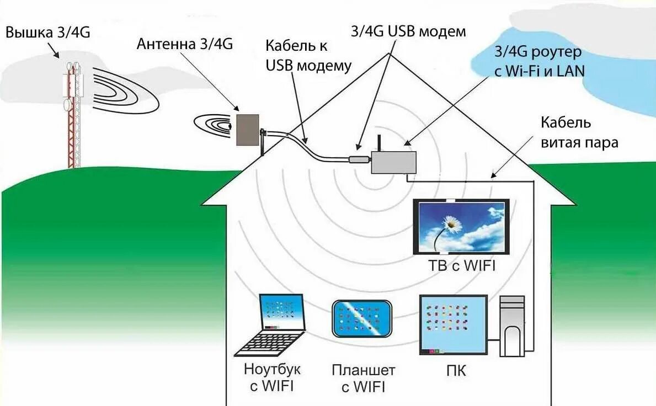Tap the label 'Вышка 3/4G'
tap(47, 33)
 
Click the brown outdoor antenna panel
tap(247, 130)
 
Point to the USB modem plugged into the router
tap(359, 160)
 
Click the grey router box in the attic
tap(393, 162)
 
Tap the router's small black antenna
tap(380, 143)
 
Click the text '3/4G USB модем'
tap(408, 31)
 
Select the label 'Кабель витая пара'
tap(579, 132)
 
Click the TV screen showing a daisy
tap(461, 226)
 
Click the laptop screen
tap(282, 312)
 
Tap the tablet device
tap(362, 318)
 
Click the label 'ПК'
tap(456, 371)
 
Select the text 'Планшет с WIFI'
tap(364, 378)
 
